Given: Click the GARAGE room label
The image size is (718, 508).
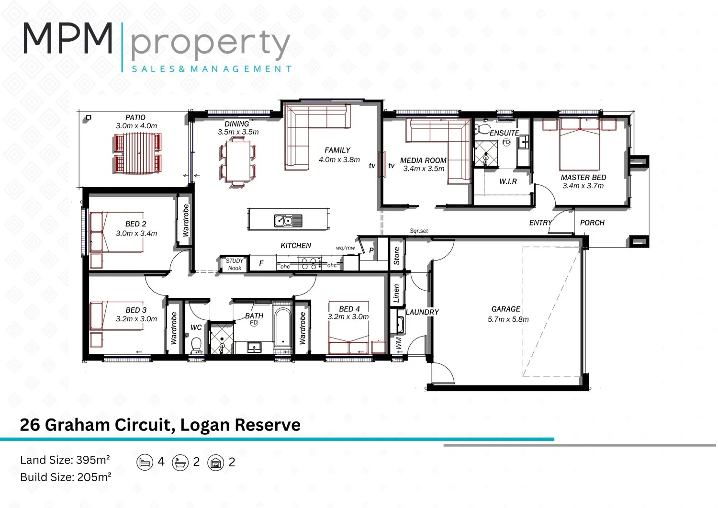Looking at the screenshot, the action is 506,309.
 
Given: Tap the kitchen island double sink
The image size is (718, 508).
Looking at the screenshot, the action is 288,221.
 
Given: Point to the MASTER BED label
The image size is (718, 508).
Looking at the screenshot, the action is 583,177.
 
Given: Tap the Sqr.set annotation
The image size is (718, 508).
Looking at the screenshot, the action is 419,231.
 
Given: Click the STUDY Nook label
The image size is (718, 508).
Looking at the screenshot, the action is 235,264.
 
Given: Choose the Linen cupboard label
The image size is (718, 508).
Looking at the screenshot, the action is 396,293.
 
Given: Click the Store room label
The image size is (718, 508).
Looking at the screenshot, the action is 396,256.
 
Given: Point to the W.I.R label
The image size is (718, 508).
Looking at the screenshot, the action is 508,181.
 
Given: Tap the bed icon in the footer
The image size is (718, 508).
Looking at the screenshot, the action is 145,462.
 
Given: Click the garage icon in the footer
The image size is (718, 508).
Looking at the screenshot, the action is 215,462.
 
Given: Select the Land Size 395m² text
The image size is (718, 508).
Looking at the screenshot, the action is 65,460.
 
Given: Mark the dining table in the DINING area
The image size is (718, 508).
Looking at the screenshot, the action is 238,161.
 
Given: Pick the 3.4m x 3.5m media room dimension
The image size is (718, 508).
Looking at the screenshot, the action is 424,169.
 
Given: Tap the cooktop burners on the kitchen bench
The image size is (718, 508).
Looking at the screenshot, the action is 309,264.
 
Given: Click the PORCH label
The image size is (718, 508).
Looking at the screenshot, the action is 592,223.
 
